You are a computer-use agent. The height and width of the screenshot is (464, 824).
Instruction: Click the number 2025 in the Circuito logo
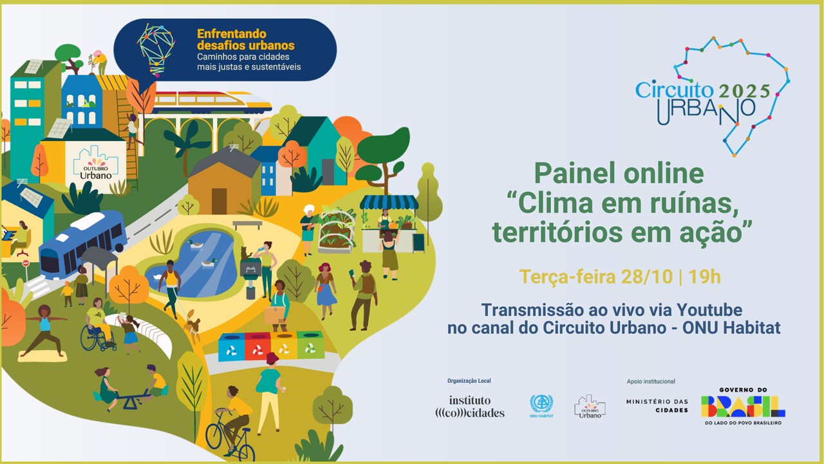[744, 91]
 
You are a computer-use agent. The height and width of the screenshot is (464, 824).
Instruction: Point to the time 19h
[704, 278]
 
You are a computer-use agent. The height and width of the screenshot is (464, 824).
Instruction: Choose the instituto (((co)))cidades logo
[470, 406]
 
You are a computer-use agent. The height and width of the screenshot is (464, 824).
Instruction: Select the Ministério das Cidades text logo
[657, 406]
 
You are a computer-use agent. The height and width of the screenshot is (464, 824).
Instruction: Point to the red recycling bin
[257, 346]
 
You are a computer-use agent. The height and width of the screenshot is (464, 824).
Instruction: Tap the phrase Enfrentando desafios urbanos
[245, 39]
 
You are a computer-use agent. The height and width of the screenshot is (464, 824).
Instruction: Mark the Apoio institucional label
[651, 382]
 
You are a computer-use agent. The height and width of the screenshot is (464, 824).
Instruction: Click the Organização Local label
[469, 381]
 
